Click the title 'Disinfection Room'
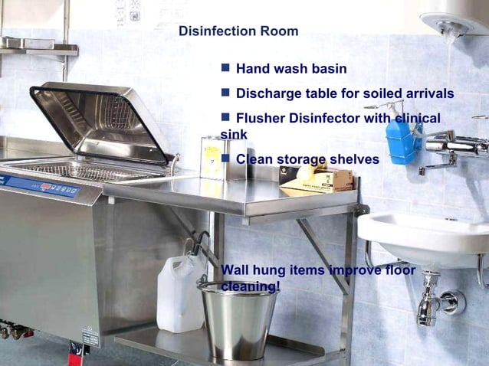(238, 31)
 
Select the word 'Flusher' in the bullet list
(261, 119)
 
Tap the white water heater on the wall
(455, 15)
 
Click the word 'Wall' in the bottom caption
(235, 270)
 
